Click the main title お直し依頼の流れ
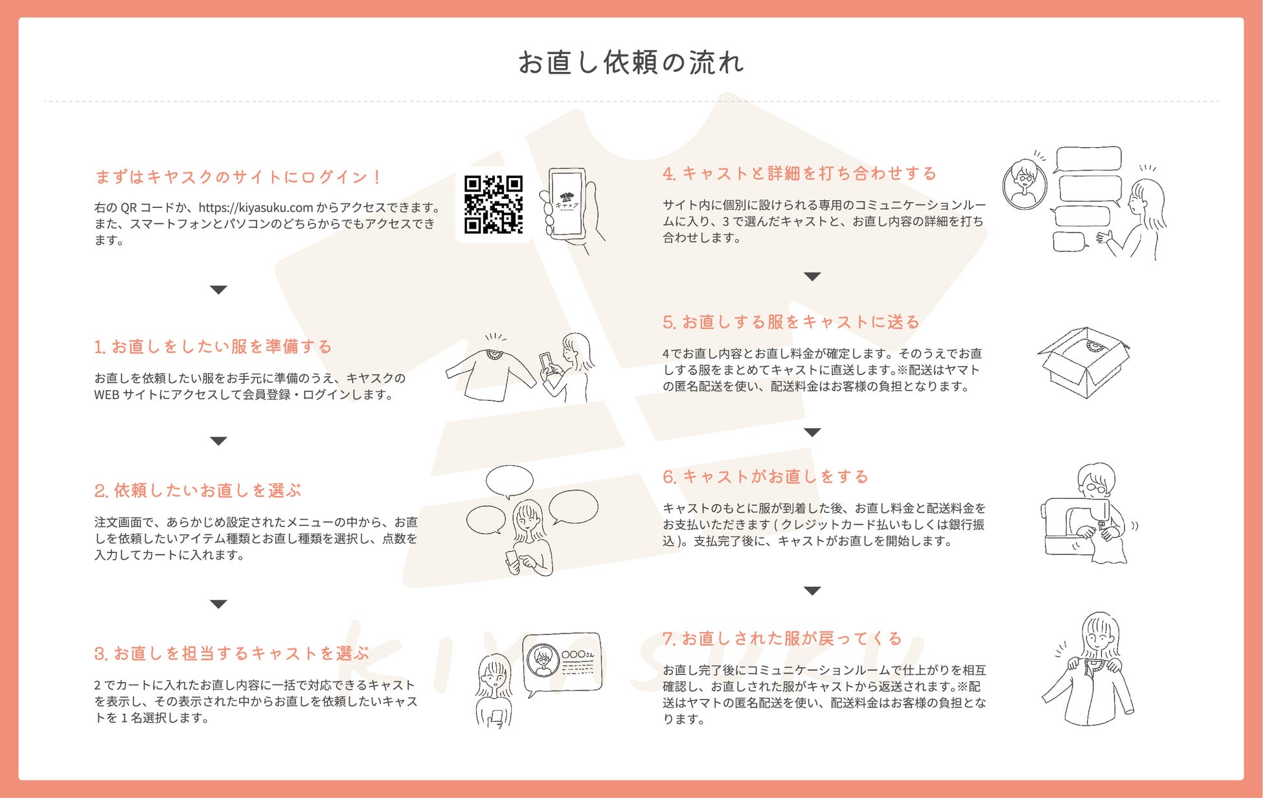pos(631,63)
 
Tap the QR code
pos(494,204)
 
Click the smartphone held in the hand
pos(567,203)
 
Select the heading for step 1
pos(212,347)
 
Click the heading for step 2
pos(198,490)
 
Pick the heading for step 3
pos(231,653)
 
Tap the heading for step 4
pos(799,174)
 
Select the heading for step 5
pos(791,322)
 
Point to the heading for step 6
pos(765,477)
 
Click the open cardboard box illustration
pos(1084,362)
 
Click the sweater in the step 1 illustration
pos(490,374)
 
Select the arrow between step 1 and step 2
pos(218,441)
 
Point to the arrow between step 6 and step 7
pos(812,591)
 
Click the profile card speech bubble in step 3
pos(562,663)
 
